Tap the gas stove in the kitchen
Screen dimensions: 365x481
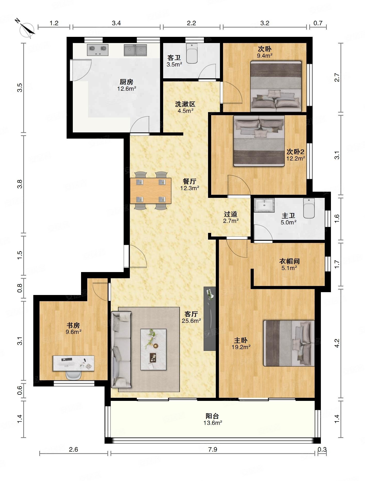98,50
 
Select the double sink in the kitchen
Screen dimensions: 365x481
136,50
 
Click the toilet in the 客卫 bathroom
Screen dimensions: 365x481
192,53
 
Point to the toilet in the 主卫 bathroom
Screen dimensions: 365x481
309,208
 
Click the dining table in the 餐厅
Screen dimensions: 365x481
150,191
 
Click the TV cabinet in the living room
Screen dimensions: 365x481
210,318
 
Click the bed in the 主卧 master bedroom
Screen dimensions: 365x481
289,343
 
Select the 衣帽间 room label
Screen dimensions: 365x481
289,261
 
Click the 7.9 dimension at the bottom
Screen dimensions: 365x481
212,449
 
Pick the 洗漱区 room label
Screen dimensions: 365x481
185,104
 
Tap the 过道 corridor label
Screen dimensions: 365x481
231,214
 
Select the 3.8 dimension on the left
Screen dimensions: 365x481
20,184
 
